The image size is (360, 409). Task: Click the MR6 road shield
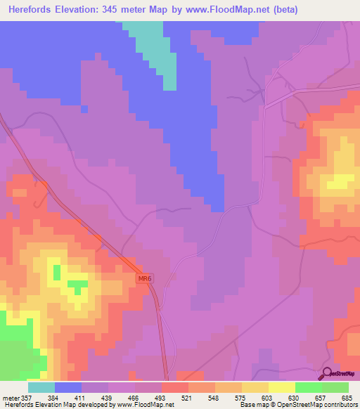tap(144, 279)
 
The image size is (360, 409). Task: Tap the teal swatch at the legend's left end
tap(41, 387)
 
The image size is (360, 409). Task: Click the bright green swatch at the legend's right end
tap(335, 387)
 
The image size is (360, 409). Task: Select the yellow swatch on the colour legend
tap(281, 387)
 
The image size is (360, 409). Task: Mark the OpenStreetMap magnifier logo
tap(326, 374)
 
